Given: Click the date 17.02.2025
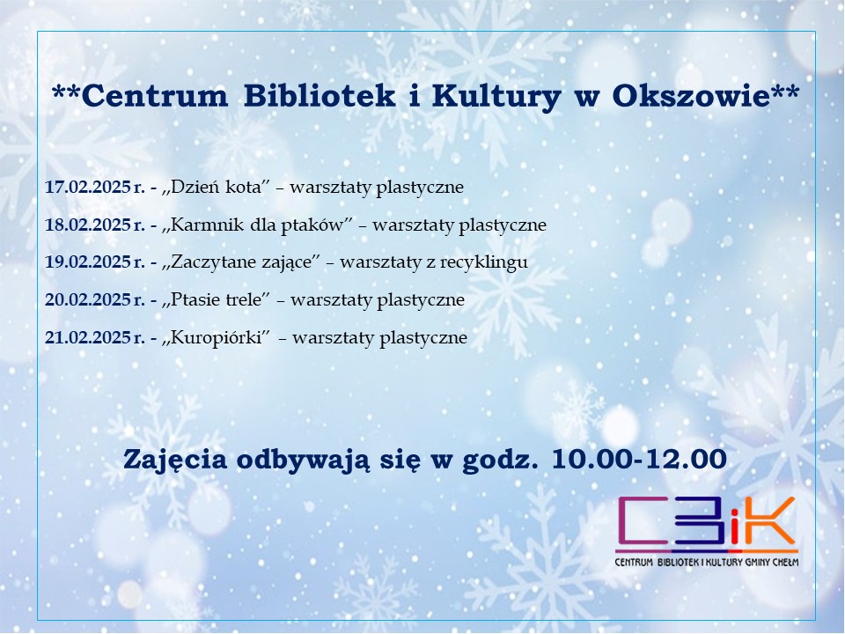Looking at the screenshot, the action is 87,187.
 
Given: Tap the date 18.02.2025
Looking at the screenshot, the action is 87,225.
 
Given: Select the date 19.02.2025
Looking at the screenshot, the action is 87,262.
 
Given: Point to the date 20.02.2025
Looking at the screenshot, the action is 87,299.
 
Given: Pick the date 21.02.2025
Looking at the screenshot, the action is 87,337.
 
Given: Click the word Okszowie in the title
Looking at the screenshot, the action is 690,96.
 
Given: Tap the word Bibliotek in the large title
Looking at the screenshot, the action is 319,96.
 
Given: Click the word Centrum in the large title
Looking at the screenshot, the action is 155,97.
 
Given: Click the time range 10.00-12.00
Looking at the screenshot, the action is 639,460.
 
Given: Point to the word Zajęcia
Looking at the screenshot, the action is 175,461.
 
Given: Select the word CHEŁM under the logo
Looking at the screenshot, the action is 786,563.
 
